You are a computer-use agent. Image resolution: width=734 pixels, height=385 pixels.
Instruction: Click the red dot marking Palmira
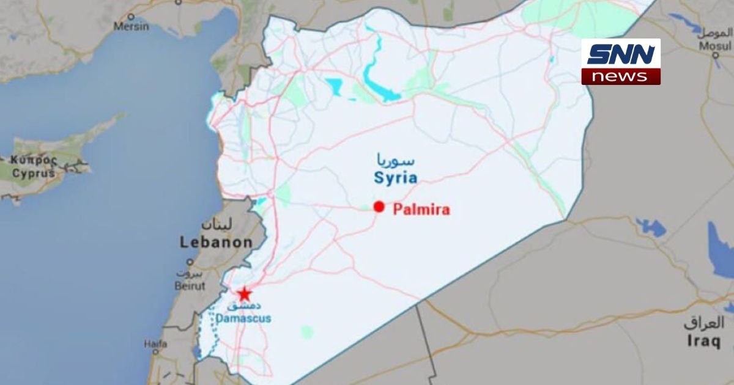pos(379,207)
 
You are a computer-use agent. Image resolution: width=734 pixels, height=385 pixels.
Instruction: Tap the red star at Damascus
pos(245,293)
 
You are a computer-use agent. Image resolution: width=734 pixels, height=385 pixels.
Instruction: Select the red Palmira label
pos(421,210)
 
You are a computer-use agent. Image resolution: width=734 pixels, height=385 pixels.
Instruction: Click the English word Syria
pos(396,178)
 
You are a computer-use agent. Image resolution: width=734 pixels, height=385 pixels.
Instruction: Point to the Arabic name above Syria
pos(395,162)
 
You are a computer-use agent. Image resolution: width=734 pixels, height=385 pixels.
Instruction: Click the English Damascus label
pos(243,318)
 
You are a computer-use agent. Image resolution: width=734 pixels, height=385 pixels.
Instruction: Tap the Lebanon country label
pos(216,243)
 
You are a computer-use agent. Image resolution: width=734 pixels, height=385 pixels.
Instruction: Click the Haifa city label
pos(155,344)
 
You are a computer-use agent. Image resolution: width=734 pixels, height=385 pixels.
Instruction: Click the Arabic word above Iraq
pos(704,323)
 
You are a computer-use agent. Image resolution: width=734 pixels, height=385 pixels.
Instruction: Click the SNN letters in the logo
pos(620,54)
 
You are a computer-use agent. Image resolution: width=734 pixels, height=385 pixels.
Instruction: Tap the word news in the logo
pos(620,76)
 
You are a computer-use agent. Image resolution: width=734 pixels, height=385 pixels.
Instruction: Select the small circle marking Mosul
pos(716,55)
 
